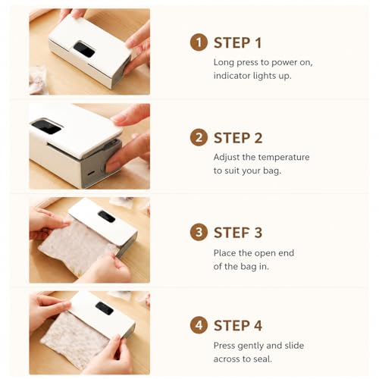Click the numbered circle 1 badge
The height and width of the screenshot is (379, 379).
point(199,42)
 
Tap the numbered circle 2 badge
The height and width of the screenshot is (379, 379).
point(199,137)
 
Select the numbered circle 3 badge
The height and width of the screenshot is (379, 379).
point(199,232)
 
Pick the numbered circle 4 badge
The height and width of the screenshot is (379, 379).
point(199,325)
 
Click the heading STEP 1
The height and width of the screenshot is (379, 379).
point(237,42)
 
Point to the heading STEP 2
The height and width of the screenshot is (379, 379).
point(238,138)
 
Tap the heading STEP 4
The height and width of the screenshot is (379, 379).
point(238,325)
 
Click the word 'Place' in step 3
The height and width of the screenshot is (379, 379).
point(223,253)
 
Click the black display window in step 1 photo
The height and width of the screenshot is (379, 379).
point(84,49)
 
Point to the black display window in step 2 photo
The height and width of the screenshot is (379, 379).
point(46,127)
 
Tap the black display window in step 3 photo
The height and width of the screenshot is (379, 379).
point(106,217)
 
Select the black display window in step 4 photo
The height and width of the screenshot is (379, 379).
point(105,309)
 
